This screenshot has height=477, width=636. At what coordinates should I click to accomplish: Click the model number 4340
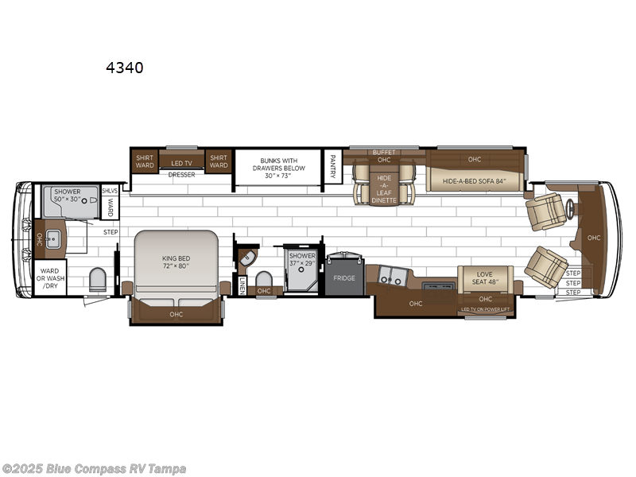coord(125,68)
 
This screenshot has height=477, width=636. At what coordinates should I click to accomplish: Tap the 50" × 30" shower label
coord(68,197)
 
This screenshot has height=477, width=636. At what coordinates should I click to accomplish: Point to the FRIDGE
coord(344,278)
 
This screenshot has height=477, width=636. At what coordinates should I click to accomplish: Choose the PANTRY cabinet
coord(333,168)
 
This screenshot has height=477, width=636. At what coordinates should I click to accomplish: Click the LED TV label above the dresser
coord(181,163)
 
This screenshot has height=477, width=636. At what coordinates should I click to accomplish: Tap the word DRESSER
coord(181,174)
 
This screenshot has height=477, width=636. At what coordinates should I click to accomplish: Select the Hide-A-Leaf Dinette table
coord(384,188)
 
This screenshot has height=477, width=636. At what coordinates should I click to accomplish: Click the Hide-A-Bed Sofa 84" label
coord(474,181)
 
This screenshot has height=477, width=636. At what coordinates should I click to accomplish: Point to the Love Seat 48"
coord(485,278)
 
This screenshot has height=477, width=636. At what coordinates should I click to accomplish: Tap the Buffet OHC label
coord(383,156)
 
